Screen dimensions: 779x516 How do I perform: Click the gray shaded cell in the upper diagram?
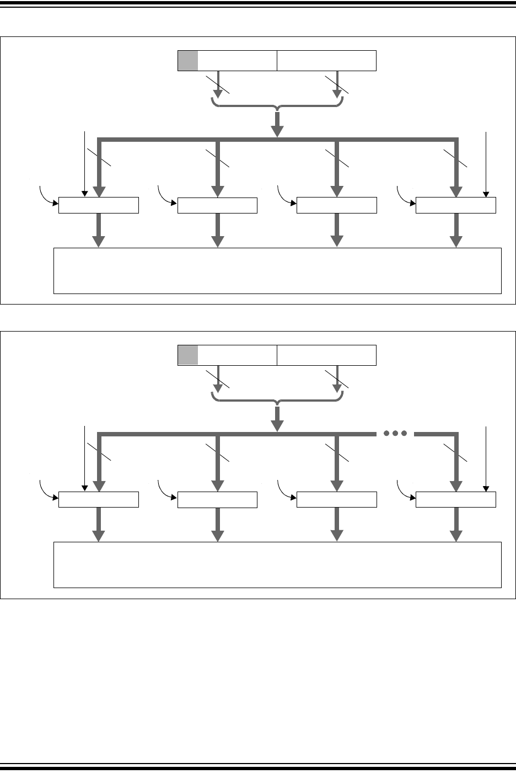click(x=187, y=61)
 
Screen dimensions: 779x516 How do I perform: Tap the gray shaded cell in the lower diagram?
click(x=187, y=355)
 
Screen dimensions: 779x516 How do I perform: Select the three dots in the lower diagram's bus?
click(x=395, y=433)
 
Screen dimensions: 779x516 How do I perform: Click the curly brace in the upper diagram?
click(x=277, y=103)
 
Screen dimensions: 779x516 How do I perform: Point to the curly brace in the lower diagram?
click(x=277, y=398)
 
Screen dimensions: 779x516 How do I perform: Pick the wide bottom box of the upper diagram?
click(x=277, y=271)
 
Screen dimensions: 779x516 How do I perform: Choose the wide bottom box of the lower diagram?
click(x=277, y=565)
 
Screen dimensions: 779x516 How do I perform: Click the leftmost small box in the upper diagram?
click(x=99, y=205)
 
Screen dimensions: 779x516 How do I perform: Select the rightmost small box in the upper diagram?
click(x=455, y=205)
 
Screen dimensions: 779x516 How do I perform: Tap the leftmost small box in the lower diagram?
click(x=99, y=500)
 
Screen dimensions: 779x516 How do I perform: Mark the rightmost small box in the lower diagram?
click(x=455, y=500)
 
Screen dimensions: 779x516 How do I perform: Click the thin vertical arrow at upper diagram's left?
click(x=84, y=163)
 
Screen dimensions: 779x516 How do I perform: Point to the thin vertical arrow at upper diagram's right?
click(x=486, y=163)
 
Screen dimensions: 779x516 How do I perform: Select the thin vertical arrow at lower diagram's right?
click(x=486, y=458)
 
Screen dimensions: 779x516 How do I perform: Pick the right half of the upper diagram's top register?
click(x=326, y=61)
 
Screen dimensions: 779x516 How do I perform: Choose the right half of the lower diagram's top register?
click(x=326, y=355)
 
